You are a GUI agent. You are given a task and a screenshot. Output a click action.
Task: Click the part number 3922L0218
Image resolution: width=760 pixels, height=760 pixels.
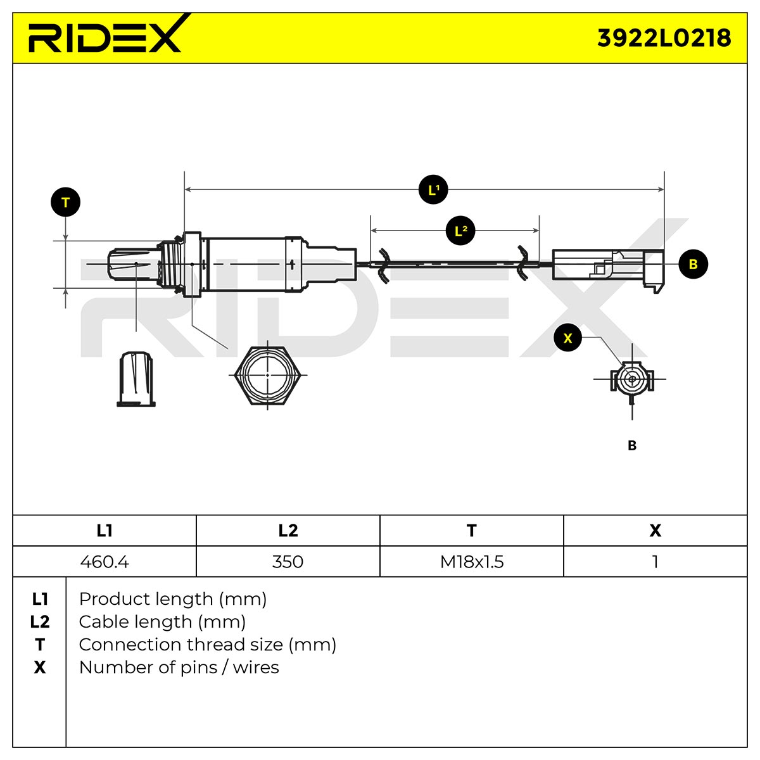click(664, 38)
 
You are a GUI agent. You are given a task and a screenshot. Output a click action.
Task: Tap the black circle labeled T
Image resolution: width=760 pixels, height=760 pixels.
click(65, 202)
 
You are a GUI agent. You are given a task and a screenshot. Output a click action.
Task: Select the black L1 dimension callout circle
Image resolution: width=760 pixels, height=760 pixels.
click(433, 190)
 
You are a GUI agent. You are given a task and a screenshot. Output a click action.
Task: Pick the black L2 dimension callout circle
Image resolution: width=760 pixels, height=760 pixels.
click(460, 231)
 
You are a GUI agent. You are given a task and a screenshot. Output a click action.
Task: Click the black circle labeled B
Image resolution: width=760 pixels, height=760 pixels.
click(693, 264)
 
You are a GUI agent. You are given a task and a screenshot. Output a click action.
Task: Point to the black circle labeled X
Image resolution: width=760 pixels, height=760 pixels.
click(567, 338)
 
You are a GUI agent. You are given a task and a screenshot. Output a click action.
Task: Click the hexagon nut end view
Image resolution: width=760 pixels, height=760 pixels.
click(268, 375)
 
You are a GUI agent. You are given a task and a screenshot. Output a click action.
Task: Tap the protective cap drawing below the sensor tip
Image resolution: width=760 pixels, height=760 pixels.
click(136, 379)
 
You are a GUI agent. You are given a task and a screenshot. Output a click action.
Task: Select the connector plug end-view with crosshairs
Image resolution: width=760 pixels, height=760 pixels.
click(632, 379)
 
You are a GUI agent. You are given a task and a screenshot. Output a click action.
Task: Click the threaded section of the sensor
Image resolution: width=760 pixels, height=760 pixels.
click(170, 263)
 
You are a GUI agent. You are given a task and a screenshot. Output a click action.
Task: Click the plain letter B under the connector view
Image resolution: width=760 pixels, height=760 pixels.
click(632, 445)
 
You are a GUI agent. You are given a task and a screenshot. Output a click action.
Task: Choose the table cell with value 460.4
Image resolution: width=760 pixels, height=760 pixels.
click(104, 561)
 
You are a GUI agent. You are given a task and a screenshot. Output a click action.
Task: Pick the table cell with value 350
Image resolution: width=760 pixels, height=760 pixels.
click(288, 561)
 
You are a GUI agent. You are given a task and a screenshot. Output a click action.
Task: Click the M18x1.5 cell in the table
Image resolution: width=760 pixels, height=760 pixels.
click(472, 561)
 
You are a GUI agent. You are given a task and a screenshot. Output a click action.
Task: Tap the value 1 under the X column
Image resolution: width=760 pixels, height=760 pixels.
click(655, 561)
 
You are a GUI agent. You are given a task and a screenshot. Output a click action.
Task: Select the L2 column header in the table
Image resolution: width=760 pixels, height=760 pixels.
click(288, 531)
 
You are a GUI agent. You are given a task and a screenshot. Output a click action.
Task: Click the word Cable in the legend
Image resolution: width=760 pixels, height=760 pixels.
click(102, 621)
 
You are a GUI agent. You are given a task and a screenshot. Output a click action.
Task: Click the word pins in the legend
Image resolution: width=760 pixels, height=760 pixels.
click(199, 668)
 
